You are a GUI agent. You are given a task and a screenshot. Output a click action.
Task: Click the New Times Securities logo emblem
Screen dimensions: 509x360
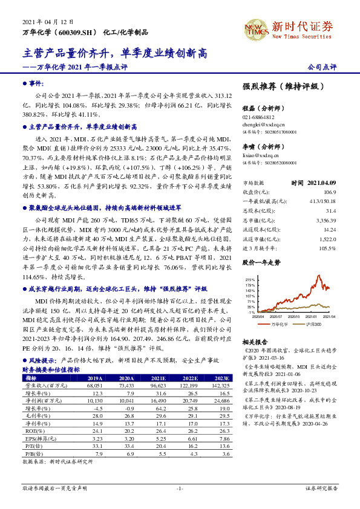click(255, 27)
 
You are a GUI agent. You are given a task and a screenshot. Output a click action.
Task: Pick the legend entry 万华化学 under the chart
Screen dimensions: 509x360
click(279, 324)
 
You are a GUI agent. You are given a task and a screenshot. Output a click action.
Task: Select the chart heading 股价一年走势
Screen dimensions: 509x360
click(261, 263)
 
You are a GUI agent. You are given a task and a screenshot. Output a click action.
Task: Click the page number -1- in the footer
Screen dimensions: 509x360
click(180, 488)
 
